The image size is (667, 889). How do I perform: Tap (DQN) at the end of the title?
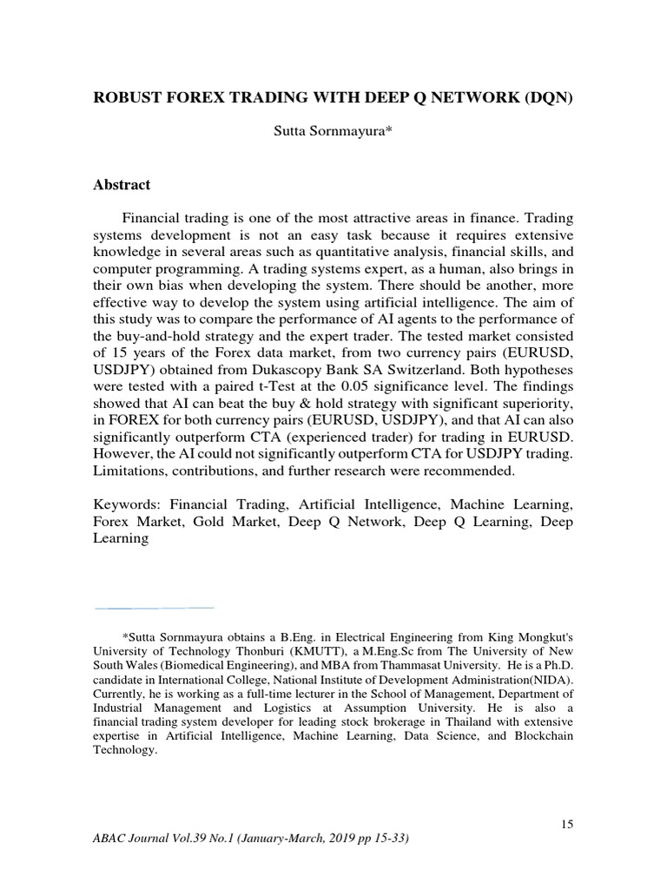(x=548, y=97)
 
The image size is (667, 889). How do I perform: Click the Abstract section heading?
(x=122, y=185)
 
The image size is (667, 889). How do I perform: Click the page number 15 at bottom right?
(x=566, y=824)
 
